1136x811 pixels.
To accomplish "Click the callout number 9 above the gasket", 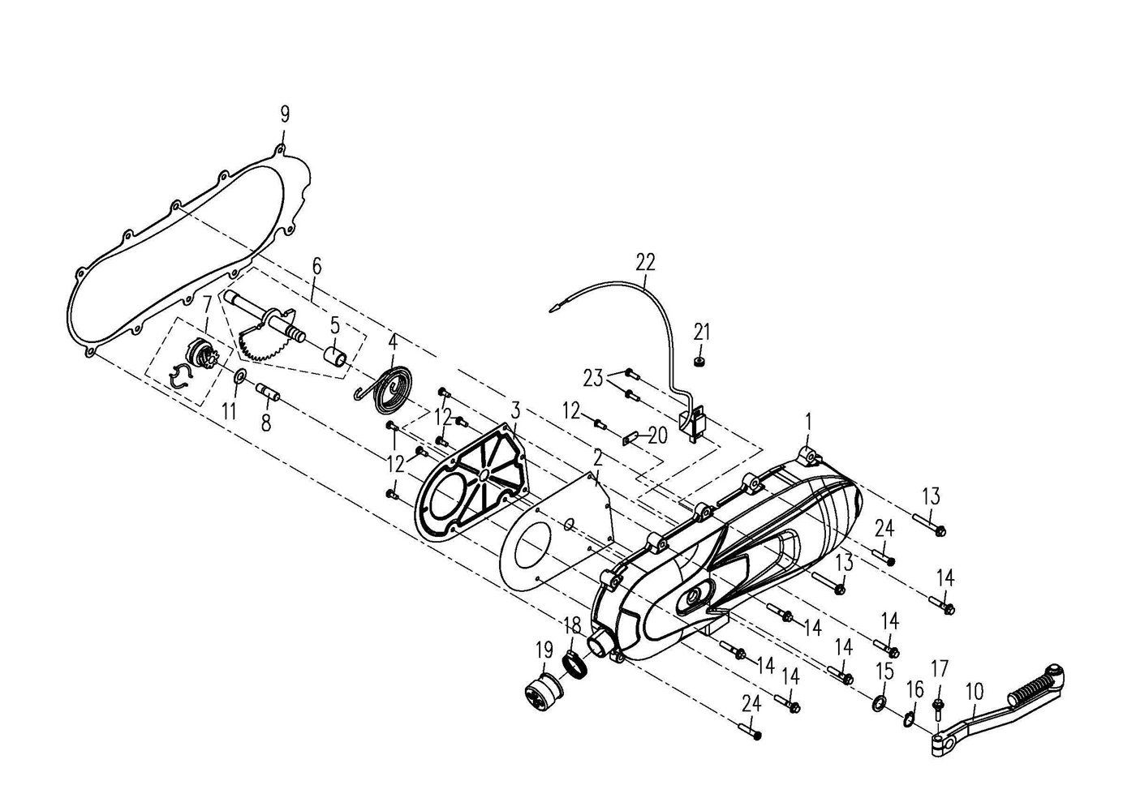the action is (285, 114).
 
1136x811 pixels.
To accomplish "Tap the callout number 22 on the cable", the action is (646, 262).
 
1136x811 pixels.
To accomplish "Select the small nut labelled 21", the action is (699, 362).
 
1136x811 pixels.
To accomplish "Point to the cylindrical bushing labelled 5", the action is (335, 355).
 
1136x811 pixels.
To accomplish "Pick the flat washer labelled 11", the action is (239, 376).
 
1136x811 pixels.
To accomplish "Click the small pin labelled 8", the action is (268, 390).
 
